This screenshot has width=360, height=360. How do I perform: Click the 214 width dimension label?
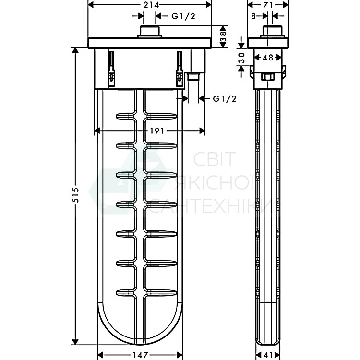(151, 5)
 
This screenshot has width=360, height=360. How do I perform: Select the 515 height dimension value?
(75, 195)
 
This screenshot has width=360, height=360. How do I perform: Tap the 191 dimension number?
(157, 131)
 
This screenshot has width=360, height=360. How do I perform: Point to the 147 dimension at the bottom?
(140, 355)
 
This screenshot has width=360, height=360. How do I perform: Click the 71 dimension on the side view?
(268, 5)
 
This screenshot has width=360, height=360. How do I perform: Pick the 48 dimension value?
(268, 58)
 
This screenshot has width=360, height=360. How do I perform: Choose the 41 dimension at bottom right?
(268, 355)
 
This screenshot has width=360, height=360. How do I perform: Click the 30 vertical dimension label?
(242, 58)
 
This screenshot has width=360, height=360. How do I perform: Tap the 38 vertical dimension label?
(223, 37)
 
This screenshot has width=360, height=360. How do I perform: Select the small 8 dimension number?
(253, 16)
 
